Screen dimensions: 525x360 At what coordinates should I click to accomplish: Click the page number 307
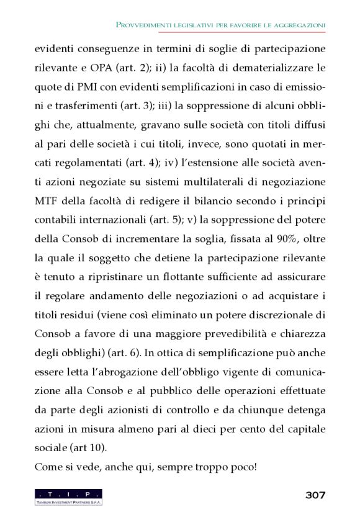coord(315,495)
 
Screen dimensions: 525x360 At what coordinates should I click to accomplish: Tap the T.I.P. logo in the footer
coord(69,496)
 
